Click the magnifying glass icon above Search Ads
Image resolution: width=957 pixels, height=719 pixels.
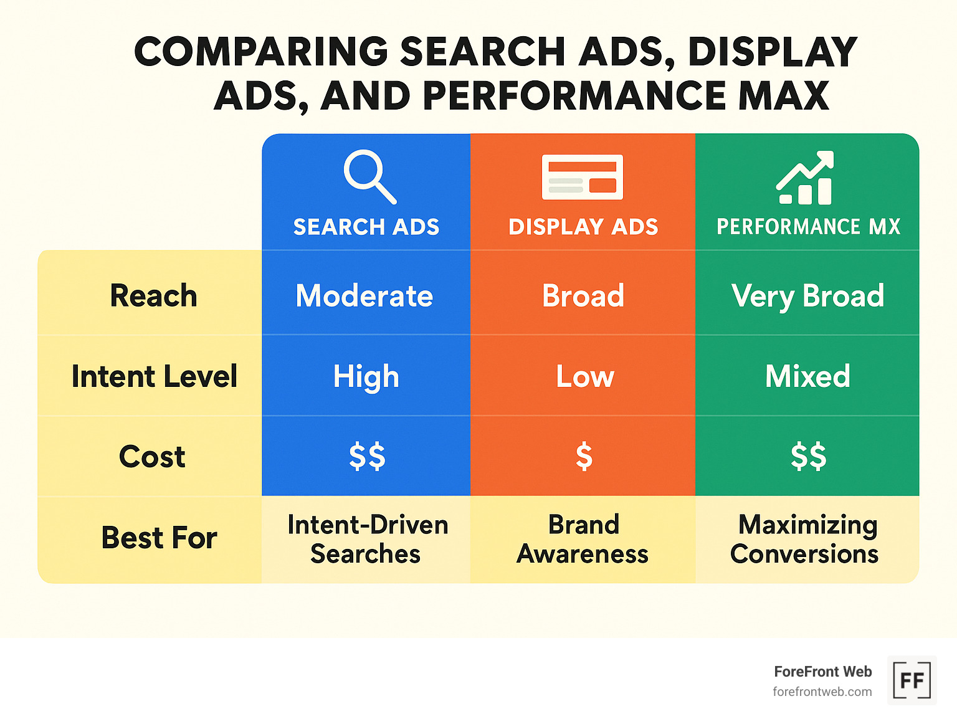pos(369,176)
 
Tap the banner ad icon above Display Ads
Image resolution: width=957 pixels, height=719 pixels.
pos(583,177)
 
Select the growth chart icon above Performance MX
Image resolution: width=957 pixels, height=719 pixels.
pos(805,178)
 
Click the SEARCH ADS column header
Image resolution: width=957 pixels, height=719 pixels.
pos(366,227)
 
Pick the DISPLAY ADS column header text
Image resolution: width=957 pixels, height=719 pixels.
pos(583,227)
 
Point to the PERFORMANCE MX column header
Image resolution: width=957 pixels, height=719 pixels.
pos(808,227)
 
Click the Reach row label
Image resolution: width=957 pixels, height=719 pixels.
pos(153,295)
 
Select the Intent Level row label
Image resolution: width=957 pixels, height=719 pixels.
pos(154,376)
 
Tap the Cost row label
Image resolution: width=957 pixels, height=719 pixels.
pos(152,457)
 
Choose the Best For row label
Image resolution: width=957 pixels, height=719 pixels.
pos(159,538)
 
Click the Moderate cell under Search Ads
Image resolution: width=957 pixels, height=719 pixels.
pos(364,295)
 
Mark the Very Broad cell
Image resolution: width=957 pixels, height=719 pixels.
pos(807,295)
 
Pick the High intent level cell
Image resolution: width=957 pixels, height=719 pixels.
pos(366,376)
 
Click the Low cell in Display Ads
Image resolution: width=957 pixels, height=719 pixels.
pos(584,376)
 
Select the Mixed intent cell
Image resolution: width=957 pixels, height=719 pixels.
pos(807,376)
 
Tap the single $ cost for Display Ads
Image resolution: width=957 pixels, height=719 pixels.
pos(584,456)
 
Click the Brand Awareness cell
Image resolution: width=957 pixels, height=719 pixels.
pos(583,539)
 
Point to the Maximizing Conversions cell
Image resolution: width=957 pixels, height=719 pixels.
pos(805,539)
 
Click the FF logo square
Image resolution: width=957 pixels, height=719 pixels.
pos(912,680)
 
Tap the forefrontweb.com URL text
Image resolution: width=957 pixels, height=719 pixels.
pos(822,692)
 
